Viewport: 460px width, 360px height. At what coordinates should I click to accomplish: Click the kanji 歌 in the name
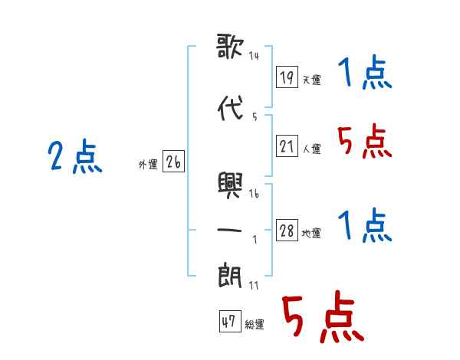tap(230, 46)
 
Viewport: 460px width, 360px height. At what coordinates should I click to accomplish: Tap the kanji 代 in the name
tap(231, 108)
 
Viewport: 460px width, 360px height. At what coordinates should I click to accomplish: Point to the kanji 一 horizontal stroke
tap(229, 230)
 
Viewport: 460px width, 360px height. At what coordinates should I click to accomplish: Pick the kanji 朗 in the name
tap(230, 276)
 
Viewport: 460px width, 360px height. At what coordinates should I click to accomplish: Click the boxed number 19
tap(287, 77)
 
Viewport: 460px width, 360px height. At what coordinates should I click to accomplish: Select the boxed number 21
tap(287, 146)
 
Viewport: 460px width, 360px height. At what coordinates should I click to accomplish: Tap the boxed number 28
tap(287, 230)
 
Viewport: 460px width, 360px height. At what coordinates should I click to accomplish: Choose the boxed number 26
tap(173, 162)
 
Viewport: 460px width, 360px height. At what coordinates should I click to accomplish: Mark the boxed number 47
tap(230, 321)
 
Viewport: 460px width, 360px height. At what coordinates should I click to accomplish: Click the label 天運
tap(312, 80)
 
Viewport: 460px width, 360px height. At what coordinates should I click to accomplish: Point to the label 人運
tap(312, 149)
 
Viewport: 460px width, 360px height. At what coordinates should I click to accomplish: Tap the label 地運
tap(311, 233)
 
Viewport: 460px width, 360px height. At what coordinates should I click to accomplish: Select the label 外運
tap(148, 164)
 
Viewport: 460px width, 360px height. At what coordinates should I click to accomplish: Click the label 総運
tap(255, 324)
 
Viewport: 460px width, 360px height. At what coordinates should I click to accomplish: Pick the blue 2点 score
tap(75, 155)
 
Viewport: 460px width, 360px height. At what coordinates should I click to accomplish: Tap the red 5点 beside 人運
tap(365, 141)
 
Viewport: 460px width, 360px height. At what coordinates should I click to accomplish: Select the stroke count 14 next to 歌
tap(254, 56)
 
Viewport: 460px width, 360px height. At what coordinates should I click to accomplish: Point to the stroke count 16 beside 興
tap(254, 194)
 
